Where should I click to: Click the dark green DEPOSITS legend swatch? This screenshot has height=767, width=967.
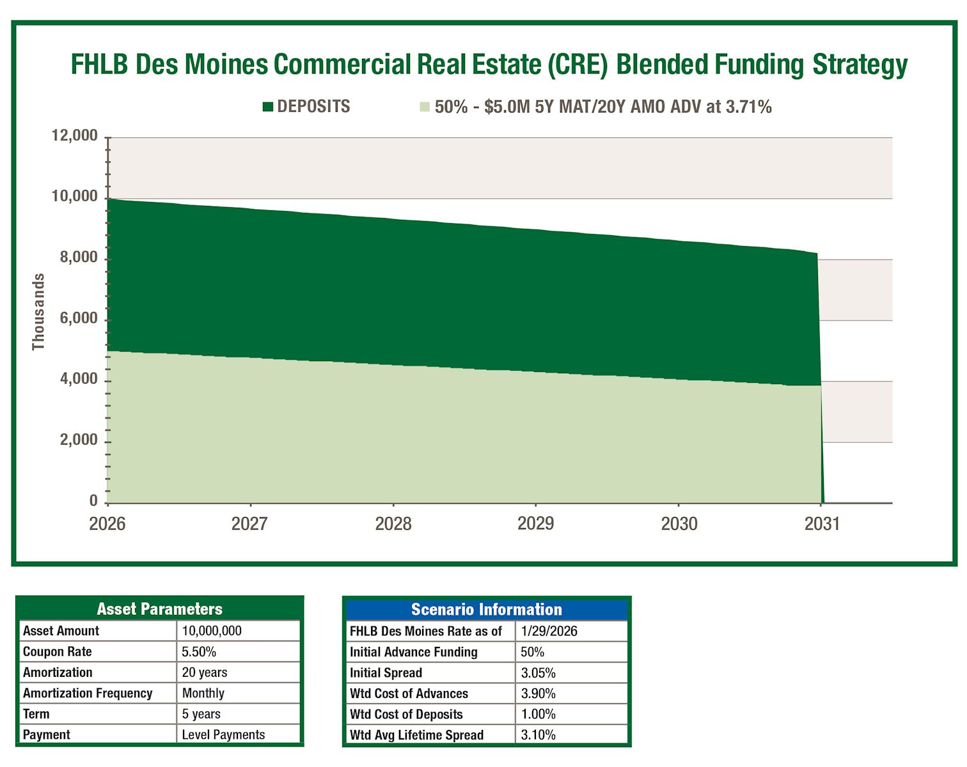[x=268, y=107]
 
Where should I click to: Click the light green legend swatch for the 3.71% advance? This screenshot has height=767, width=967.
[x=425, y=107]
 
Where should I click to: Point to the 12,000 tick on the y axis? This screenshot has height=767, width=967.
[x=75, y=136]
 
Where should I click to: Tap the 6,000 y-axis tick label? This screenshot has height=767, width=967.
[x=79, y=318]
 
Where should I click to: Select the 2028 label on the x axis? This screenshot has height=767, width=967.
[x=393, y=524]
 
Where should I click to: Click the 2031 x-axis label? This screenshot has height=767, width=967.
[x=821, y=524]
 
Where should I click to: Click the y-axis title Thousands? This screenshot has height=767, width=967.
[x=38, y=312]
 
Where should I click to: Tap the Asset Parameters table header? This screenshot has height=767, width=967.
[x=159, y=609]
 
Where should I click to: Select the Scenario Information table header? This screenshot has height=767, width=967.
[x=486, y=610]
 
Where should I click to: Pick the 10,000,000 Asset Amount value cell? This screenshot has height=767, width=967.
[x=212, y=631]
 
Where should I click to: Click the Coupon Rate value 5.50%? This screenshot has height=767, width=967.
[x=199, y=652]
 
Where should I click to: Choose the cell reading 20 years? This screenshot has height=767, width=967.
[x=205, y=672]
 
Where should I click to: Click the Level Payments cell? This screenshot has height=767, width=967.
[x=223, y=735]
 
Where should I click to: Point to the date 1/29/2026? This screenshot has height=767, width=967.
[x=549, y=631]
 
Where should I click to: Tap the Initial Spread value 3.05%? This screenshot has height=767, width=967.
[x=538, y=673]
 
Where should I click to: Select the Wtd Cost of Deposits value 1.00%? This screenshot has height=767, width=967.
[x=538, y=715]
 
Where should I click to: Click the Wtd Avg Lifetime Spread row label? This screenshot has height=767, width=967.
[x=416, y=735]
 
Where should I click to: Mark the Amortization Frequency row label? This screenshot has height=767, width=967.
[x=88, y=693]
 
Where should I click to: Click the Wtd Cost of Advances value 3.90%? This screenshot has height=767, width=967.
[x=538, y=693]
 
